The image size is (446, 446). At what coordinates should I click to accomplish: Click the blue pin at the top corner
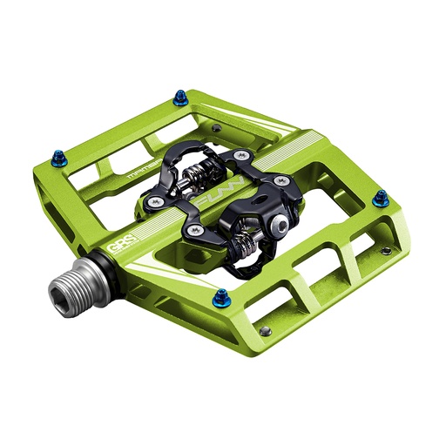pos(180,98)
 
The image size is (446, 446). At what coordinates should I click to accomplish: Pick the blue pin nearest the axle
pos(222,296)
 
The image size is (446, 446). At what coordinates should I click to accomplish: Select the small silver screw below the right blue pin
pos(385,251)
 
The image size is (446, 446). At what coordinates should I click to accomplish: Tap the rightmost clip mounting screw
pos(281,181)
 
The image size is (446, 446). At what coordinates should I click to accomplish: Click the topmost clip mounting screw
pos(235,153)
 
